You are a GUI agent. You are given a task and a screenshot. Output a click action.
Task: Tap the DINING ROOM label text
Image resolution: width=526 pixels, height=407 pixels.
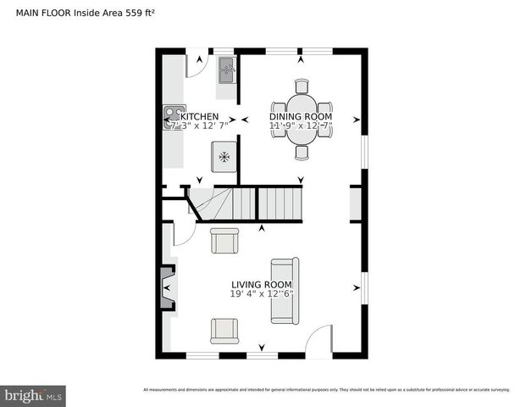[x=301, y=116]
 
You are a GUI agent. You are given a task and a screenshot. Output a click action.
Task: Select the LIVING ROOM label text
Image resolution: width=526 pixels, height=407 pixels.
[x=262, y=285]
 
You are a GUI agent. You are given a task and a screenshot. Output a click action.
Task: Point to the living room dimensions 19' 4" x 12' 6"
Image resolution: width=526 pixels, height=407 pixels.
[x=262, y=294]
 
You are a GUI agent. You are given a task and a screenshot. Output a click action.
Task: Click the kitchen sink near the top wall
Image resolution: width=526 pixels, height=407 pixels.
[x=227, y=70]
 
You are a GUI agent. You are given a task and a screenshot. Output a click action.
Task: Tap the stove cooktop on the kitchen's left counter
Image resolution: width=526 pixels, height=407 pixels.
[x=174, y=116]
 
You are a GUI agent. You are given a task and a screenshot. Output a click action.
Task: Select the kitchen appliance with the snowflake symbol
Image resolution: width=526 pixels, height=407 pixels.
[x=224, y=157]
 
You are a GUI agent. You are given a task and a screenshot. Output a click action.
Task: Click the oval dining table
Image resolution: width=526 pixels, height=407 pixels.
[x=302, y=119]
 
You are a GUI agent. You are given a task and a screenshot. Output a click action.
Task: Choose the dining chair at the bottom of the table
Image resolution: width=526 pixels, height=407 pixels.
[x=302, y=153]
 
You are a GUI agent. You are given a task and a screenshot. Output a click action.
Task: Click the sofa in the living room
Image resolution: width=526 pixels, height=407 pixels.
[x=284, y=290]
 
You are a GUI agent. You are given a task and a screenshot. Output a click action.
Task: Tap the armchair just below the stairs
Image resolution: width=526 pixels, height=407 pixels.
[x=225, y=242]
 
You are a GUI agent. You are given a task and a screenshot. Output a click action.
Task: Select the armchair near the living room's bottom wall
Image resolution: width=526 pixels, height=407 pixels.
[x=225, y=330]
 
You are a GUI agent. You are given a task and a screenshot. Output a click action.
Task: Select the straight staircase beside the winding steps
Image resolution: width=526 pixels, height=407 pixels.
[x=280, y=203]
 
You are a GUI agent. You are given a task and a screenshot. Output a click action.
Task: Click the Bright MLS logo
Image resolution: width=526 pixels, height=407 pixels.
[x=33, y=395]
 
